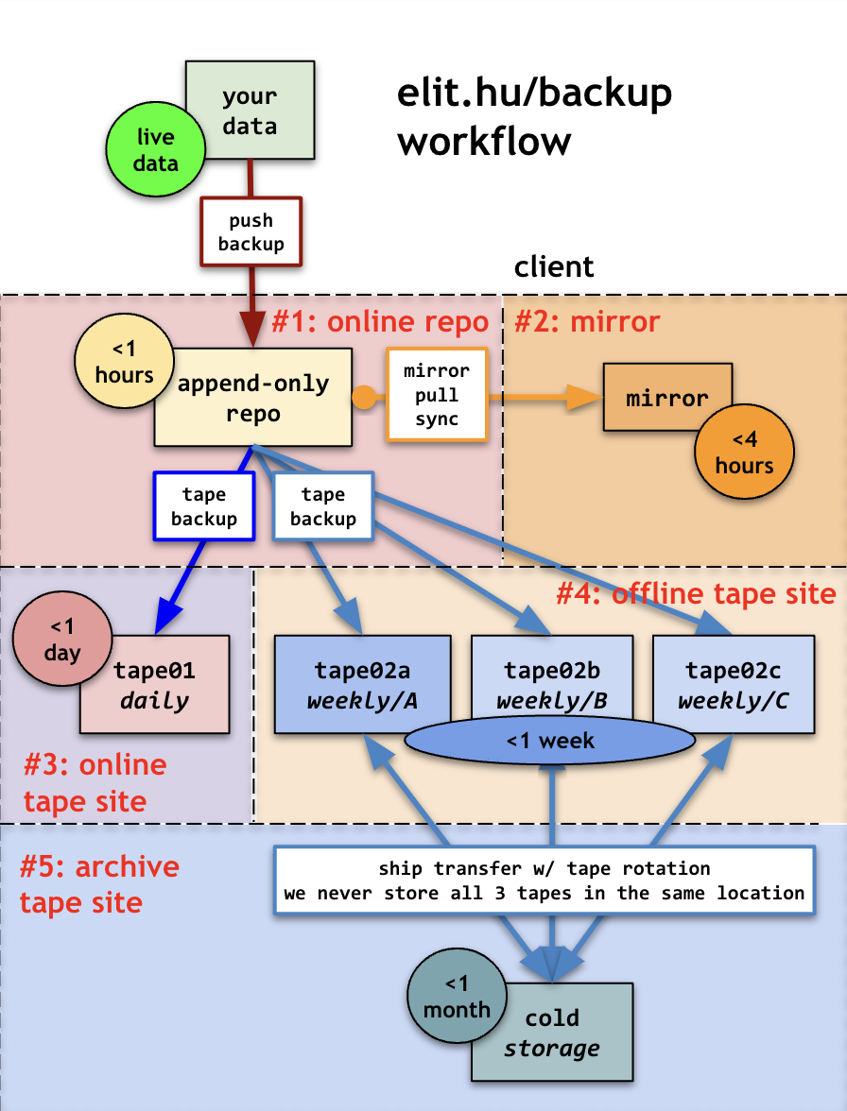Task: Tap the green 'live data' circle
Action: pos(154,150)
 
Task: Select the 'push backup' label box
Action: pos(251,232)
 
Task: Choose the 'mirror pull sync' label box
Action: pos(437,394)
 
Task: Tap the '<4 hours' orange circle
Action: pos(743,454)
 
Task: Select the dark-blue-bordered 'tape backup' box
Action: pos(204,506)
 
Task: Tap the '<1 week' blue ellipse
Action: pos(549,740)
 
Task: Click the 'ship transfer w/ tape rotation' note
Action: pos(544,880)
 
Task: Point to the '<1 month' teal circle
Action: pos(457,998)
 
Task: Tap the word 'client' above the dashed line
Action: pos(554,267)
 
